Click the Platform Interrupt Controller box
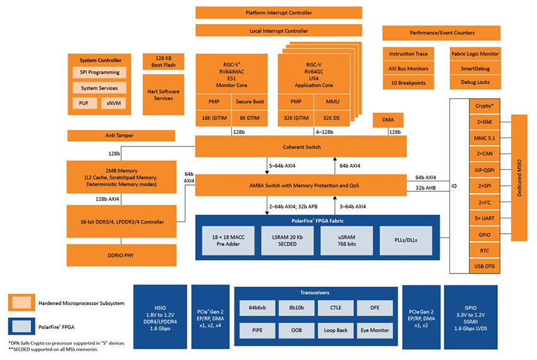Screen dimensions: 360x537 click(x=279, y=13)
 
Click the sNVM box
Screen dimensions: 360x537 click(x=114, y=102)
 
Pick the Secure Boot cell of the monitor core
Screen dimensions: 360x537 click(x=250, y=101)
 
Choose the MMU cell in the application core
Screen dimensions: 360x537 click(x=332, y=101)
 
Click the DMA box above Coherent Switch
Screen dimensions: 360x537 click(x=388, y=119)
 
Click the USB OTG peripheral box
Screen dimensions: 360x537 click(x=483, y=267)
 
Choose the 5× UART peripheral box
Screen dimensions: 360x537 click(x=483, y=218)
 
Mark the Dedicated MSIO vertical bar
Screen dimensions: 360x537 click(x=519, y=177)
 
